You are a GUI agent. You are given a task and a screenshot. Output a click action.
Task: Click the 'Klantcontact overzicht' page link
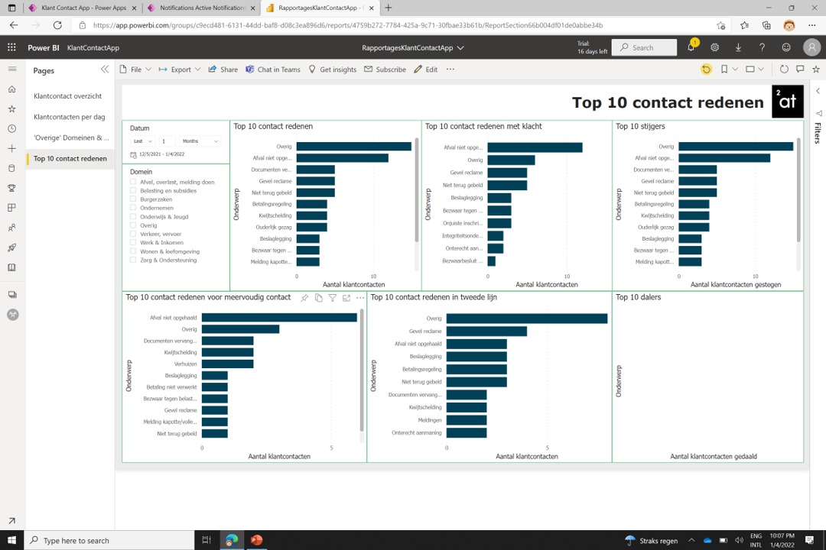[x=67, y=96]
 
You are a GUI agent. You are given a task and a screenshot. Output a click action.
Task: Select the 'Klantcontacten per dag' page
[x=69, y=117]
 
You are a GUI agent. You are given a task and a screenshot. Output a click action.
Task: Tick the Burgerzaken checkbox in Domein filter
[x=133, y=199]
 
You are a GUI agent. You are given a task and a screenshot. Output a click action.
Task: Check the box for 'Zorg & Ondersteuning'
[x=133, y=260]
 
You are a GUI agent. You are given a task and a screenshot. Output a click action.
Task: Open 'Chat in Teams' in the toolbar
[x=272, y=70]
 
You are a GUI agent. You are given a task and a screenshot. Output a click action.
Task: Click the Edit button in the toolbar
[x=426, y=70]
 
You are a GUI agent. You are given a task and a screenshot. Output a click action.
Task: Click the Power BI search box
[x=648, y=47]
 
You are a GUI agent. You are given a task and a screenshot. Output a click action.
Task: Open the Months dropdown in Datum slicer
[x=200, y=141]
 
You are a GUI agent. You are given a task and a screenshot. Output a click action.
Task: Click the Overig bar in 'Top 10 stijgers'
[x=735, y=147]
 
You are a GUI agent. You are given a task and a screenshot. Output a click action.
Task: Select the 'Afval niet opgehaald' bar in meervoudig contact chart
[x=279, y=318]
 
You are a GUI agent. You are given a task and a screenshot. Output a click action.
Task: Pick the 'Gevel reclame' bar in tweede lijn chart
[x=486, y=332]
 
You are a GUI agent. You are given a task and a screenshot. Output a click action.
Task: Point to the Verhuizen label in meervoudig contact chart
[x=185, y=364]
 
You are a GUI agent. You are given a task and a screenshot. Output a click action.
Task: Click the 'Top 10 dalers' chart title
[x=638, y=297]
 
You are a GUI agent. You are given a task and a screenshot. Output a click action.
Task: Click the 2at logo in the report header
[x=787, y=102]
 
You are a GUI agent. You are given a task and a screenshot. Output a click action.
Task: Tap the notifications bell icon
[x=691, y=47]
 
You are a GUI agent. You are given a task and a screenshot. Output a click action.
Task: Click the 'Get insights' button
[x=333, y=70]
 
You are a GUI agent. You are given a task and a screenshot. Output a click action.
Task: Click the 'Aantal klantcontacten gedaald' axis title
[x=713, y=456]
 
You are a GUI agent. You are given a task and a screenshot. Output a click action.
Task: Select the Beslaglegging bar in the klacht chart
[x=499, y=198]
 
